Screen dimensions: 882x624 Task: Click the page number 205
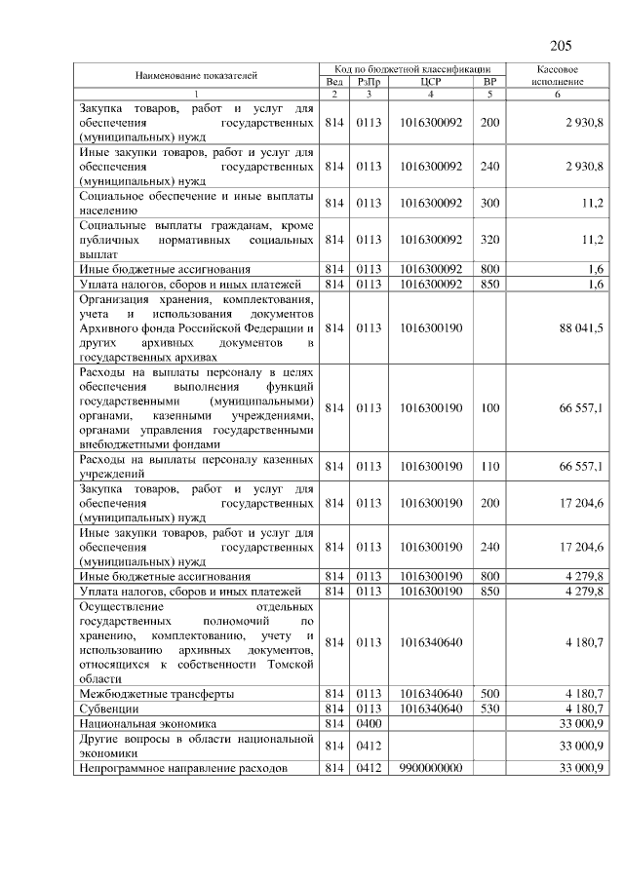click(560, 46)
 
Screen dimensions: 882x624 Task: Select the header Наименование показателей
click(196, 75)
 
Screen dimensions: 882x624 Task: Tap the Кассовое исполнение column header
click(558, 75)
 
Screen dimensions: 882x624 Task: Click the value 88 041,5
click(581, 328)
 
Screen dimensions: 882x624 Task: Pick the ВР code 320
click(489, 239)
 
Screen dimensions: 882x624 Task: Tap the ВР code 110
click(489, 467)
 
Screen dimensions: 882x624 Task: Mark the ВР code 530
click(489, 709)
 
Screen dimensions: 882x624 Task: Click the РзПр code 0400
click(369, 724)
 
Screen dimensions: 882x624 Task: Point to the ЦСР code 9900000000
click(431, 769)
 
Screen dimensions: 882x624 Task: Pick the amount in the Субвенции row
click(585, 709)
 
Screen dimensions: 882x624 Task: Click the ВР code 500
click(489, 693)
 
